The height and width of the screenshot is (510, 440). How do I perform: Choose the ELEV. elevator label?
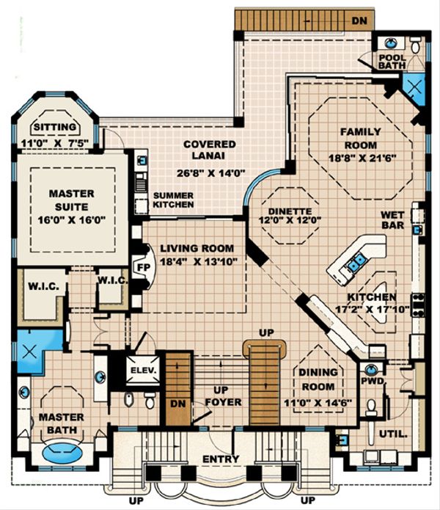point(143,371)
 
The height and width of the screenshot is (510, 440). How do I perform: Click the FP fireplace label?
point(144,266)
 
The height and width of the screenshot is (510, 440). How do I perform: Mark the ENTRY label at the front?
point(221,460)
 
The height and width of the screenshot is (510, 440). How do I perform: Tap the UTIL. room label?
point(393,434)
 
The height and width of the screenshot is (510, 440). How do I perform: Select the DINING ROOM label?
point(318,378)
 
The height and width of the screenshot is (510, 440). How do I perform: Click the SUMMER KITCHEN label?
point(173,200)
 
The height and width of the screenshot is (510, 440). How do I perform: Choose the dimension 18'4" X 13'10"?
point(197,263)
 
